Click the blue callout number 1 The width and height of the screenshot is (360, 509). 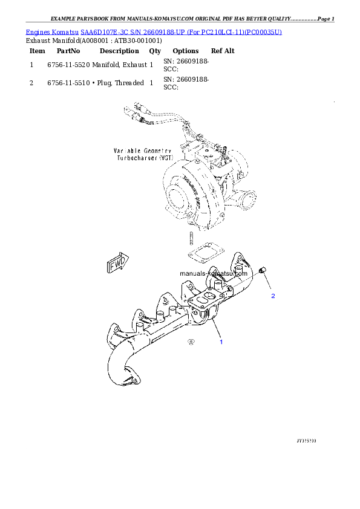pyautogui.click(x=221, y=342)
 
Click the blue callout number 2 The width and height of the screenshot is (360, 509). pyautogui.click(x=273, y=296)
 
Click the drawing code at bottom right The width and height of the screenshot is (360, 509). pyautogui.click(x=307, y=441)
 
